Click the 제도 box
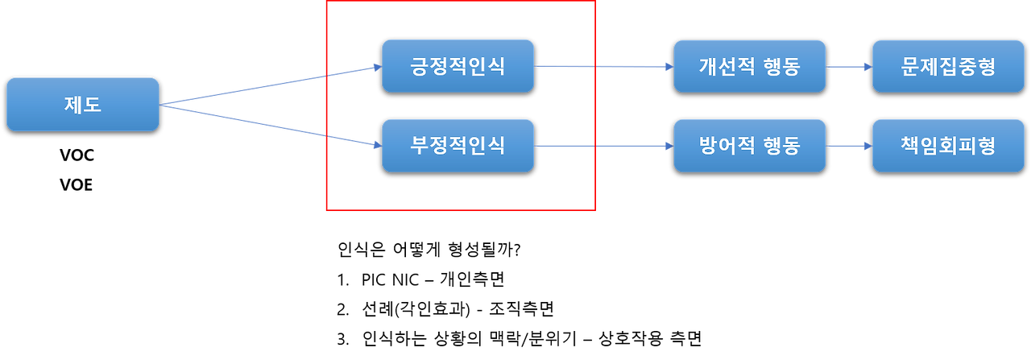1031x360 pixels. click(83, 104)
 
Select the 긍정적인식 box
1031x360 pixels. click(458, 66)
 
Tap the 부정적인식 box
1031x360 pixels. click(458, 146)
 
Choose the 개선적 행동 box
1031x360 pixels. click(749, 66)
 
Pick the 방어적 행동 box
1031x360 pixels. click(749, 146)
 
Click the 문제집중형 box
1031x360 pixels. click(948, 66)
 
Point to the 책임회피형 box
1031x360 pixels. click(948, 146)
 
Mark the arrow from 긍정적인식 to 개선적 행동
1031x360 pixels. click(604, 67)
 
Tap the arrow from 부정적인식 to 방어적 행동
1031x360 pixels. click(604, 147)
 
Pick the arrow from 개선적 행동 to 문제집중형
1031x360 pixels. click(848, 67)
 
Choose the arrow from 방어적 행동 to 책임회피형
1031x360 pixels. click(848, 147)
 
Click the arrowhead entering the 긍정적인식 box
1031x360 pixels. click(375, 68)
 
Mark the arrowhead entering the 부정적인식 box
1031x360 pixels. click(375, 146)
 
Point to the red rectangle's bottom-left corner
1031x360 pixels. click(326, 211)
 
